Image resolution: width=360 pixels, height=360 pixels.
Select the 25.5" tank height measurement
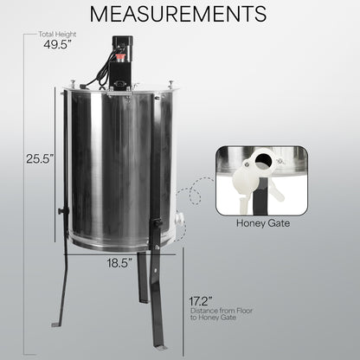coord(39,159)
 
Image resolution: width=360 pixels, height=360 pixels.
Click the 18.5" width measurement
coord(120,261)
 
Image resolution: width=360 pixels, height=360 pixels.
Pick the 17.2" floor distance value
coord(202,301)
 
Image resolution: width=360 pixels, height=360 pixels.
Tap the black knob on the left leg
coord(61,209)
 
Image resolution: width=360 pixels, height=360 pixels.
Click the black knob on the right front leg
coord(157,224)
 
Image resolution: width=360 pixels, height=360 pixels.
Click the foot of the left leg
coord(56,324)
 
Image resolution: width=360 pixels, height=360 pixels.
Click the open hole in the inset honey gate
coord(257,162)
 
